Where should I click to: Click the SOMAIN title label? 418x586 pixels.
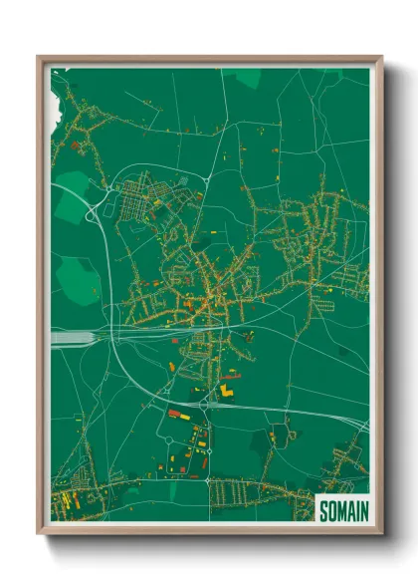tap(341, 509)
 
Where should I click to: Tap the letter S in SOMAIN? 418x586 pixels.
tap(323, 509)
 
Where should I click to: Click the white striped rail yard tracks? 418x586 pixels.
tap(72, 339)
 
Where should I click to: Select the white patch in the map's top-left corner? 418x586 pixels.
tap(59, 76)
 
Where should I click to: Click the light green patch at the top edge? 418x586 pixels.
tap(247, 76)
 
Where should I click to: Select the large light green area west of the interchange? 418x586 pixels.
tap(70, 199)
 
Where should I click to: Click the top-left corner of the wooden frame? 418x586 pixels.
tap(39, 58)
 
